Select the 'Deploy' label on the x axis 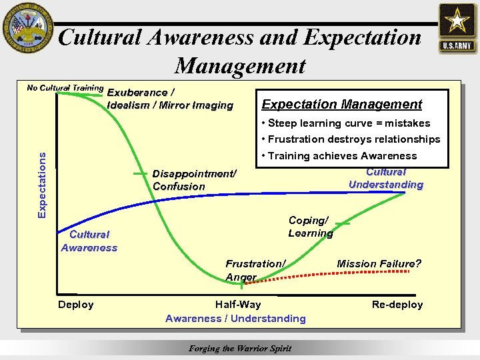76,305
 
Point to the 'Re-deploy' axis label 397,305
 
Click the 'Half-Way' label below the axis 238,305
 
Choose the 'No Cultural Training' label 65,87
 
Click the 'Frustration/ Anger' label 255,271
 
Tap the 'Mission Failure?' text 379,264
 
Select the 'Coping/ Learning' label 310,227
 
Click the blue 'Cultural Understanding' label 386,178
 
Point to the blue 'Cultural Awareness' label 89,241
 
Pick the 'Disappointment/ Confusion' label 194,180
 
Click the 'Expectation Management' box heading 342,104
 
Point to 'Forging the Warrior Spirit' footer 240,348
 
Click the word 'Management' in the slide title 240,66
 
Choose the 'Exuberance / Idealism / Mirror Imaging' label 170,99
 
